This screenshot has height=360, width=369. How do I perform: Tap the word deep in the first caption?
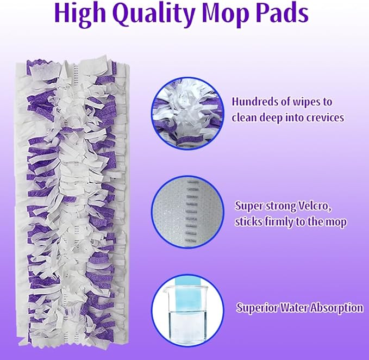click(x=276, y=117)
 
